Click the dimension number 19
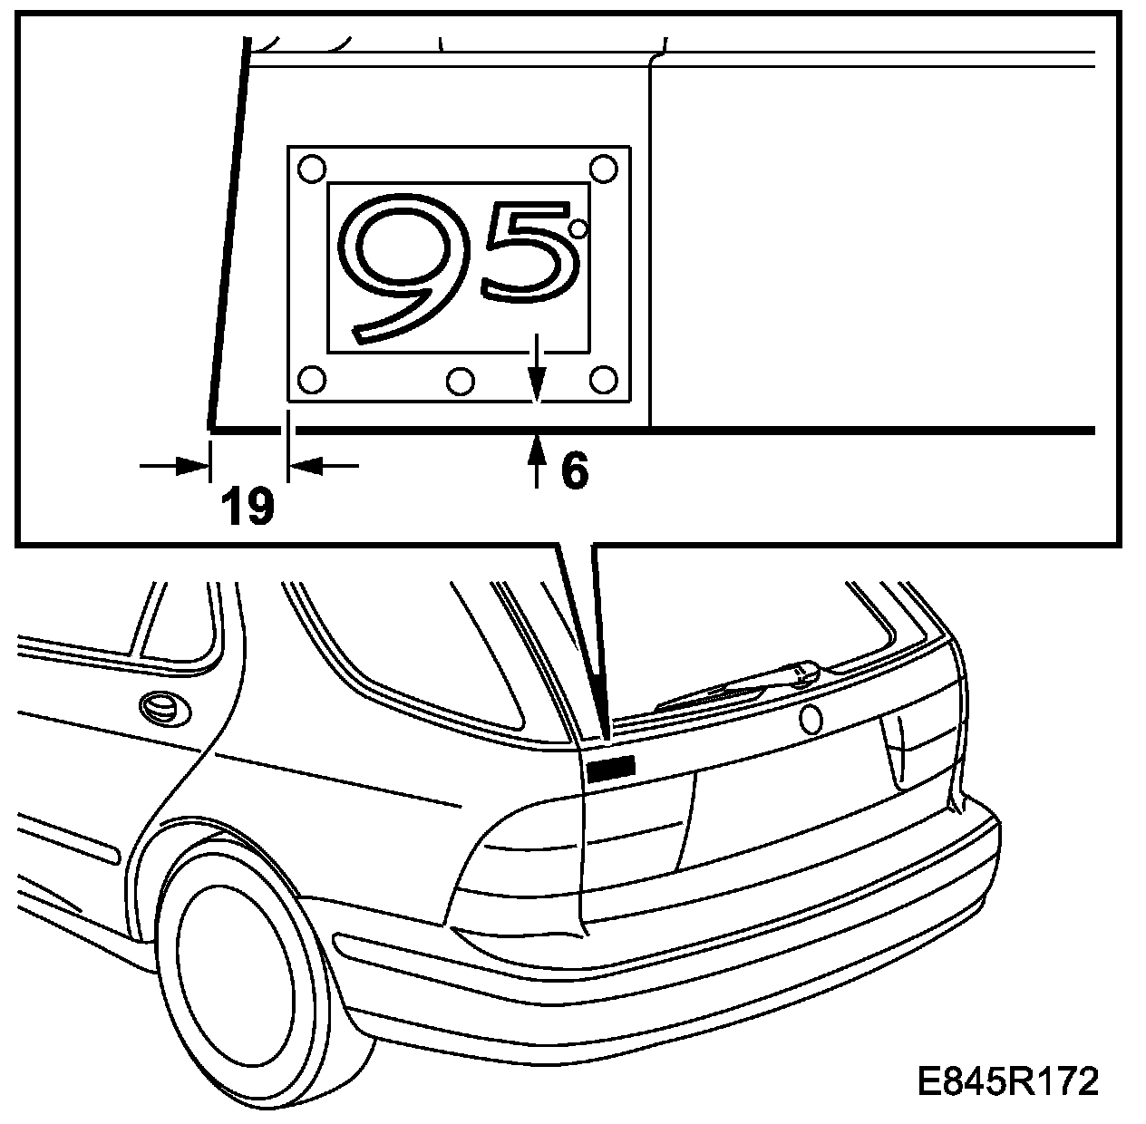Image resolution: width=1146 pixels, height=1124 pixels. pos(248,506)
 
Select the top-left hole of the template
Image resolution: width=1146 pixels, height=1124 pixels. pos(311,168)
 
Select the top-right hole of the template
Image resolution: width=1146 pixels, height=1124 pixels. pos(603,168)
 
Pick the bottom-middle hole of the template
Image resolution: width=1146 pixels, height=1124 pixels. pos(461,381)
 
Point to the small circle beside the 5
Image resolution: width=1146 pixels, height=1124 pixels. pos(578,228)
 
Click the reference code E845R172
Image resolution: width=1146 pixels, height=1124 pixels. pos(1007,1081)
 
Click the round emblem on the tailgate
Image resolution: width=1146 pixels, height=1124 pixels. pos(810,719)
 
